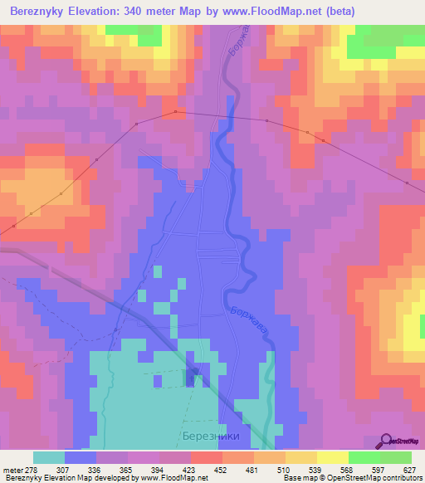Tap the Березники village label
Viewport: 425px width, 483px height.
pyautogui.click(x=208, y=437)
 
